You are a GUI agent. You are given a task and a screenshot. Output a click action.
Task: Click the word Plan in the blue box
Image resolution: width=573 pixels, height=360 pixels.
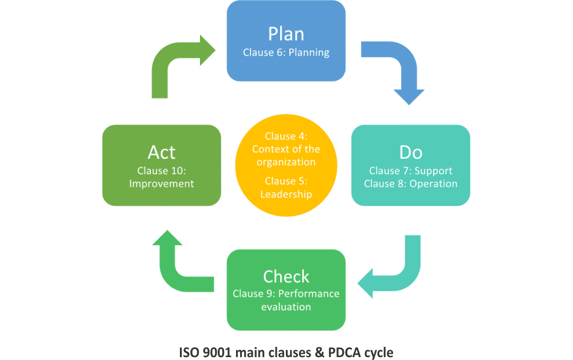click(x=286, y=34)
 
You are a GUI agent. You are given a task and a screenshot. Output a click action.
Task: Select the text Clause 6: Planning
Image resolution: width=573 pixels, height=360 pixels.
click(x=286, y=53)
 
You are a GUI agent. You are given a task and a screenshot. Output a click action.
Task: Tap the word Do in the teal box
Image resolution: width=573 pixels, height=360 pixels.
click(x=410, y=152)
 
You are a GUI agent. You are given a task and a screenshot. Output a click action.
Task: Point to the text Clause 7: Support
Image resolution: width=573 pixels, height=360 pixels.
click(x=410, y=171)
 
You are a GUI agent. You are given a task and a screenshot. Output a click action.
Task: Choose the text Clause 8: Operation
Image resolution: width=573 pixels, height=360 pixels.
click(x=410, y=184)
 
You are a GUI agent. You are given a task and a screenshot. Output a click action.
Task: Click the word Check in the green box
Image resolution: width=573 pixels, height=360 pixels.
click(x=286, y=276)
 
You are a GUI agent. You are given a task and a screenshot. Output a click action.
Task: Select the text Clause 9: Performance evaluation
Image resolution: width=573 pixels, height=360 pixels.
click(x=286, y=300)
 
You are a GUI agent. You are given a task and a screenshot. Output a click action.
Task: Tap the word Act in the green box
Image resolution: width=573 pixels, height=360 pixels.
click(x=162, y=152)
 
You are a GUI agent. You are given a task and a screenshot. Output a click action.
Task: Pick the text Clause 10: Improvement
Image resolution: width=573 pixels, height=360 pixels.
click(x=162, y=177)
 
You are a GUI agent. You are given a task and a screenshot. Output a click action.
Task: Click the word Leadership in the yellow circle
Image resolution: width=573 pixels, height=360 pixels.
click(x=286, y=194)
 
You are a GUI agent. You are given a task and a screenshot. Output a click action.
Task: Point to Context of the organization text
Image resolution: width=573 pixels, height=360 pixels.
click(x=286, y=155)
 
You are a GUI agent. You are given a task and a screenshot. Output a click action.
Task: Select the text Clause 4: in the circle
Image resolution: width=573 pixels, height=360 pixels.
click(x=286, y=136)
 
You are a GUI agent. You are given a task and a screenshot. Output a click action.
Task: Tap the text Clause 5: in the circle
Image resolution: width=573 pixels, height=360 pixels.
click(x=286, y=181)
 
